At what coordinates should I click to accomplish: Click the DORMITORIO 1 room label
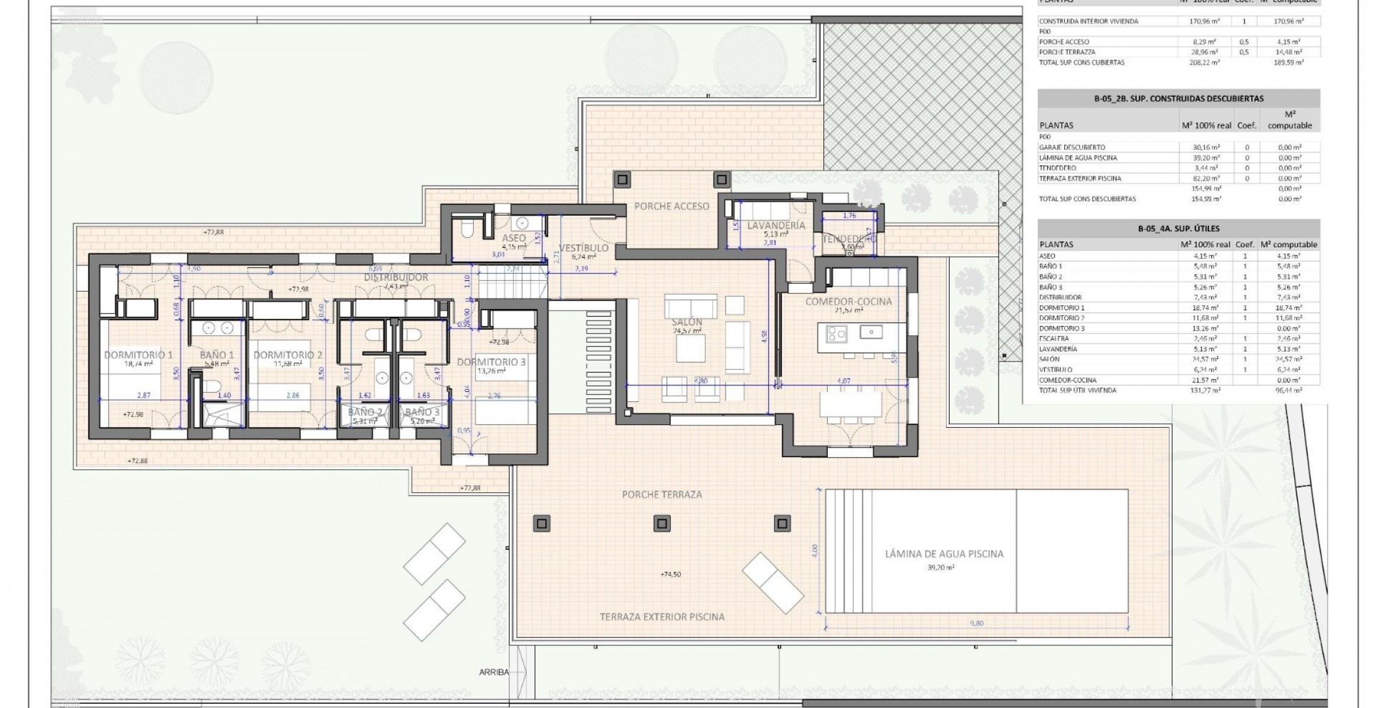(x=138, y=355)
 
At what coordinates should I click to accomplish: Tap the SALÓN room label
(x=690, y=322)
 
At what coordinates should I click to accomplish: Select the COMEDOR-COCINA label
(x=848, y=302)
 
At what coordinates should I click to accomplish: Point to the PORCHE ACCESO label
(x=671, y=206)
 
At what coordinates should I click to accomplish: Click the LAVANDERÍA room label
(x=776, y=226)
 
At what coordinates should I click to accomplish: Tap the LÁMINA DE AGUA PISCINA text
(x=944, y=554)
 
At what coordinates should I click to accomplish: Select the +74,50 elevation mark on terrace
(x=671, y=574)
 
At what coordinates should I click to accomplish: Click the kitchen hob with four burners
(x=836, y=334)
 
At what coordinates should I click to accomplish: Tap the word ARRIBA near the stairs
(x=494, y=672)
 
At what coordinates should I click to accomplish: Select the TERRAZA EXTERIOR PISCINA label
(x=662, y=617)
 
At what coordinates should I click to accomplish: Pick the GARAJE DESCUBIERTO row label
(x=1072, y=147)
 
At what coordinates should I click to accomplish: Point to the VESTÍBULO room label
(x=583, y=248)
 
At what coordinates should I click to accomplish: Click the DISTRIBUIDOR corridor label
(x=396, y=277)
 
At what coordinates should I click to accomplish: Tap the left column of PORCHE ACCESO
(x=623, y=179)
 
